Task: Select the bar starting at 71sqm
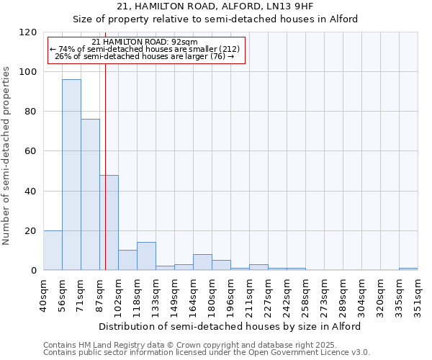tap(90, 194)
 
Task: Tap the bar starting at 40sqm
tap(53, 251)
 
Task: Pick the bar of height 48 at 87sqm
tap(109, 222)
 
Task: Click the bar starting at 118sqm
tap(146, 256)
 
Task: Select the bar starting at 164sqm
tap(202, 262)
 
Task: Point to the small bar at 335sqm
tap(408, 269)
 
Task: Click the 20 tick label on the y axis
tap(32, 230)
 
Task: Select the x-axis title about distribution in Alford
tap(230, 326)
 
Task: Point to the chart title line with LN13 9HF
tap(216, 6)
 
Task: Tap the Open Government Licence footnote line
tap(206, 353)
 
